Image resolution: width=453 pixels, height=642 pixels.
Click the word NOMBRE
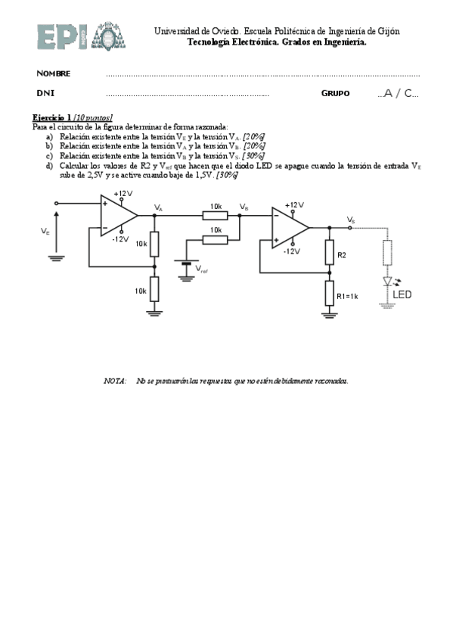pyautogui.click(x=54, y=73)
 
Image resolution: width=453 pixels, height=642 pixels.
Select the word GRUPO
pyautogui.click(x=335, y=93)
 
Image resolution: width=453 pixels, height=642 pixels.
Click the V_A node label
pyautogui.click(x=158, y=207)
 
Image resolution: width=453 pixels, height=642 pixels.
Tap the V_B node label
pyautogui.click(x=243, y=207)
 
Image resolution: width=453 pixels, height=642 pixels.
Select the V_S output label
pyautogui.click(x=351, y=220)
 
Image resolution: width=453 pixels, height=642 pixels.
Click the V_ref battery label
pyautogui.click(x=203, y=268)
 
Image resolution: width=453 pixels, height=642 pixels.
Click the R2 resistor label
pyautogui.click(x=341, y=256)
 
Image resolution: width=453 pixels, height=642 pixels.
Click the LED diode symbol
pyautogui.click(x=388, y=282)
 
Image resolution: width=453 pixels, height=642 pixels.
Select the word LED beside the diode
pyautogui.click(x=403, y=295)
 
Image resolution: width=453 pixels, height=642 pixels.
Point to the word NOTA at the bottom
pyautogui.click(x=114, y=381)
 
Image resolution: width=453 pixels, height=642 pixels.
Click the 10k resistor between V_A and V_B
pyautogui.click(x=216, y=214)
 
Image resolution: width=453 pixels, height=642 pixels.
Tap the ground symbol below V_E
pyautogui.click(x=55, y=257)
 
